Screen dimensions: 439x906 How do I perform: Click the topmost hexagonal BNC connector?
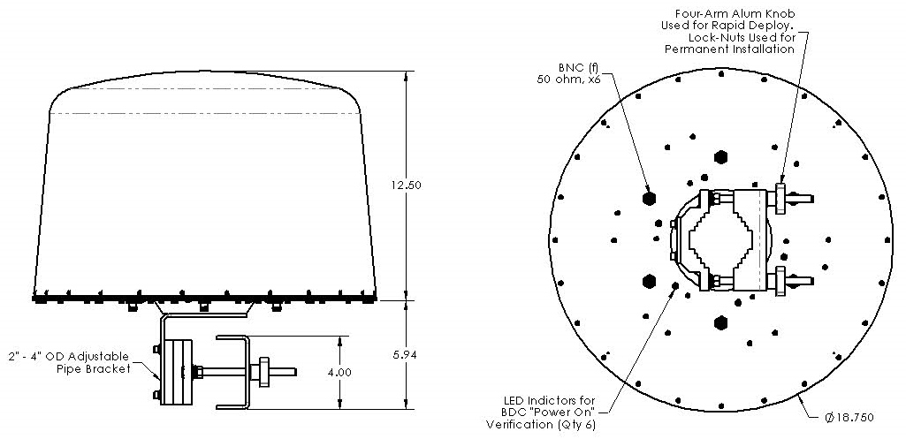[x=721, y=156]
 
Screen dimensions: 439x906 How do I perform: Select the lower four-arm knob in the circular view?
[x=780, y=282]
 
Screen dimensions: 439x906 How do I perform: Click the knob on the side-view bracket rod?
[x=263, y=372]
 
